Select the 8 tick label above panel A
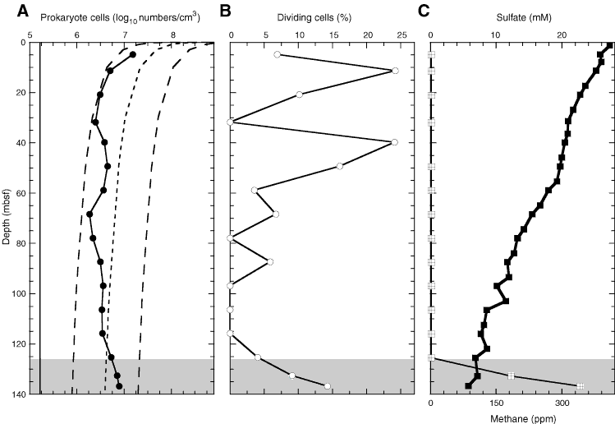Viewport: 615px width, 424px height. tap(173, 35)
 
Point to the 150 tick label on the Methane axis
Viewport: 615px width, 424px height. tap(497, 404)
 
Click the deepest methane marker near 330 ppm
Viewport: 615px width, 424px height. tap(581, 386)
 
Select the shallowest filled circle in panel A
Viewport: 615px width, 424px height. tap(132, 55)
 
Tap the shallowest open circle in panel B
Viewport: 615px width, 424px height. tap(277, 54)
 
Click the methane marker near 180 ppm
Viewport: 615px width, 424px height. tap(511, 376)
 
